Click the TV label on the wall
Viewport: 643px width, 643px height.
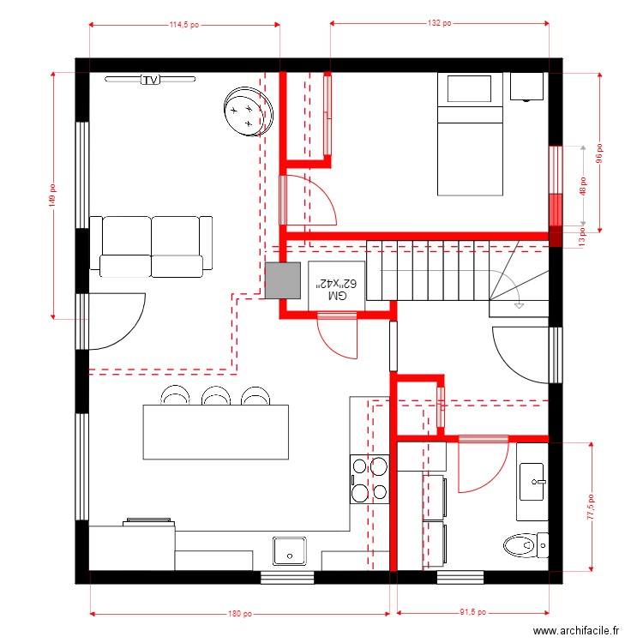(151, 80)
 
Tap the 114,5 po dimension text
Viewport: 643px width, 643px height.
(183, 25)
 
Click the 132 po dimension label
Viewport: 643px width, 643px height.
(439, 25)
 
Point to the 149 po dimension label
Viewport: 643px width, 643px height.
(53, 196)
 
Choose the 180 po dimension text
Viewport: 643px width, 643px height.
(240, 613)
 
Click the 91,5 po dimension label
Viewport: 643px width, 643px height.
(471, 613)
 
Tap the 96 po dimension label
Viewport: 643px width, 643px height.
(600, 153)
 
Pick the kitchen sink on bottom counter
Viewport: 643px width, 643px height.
(290, 550)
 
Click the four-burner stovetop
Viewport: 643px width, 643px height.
(370, 478)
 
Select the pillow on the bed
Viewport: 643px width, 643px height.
(470, 89)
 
